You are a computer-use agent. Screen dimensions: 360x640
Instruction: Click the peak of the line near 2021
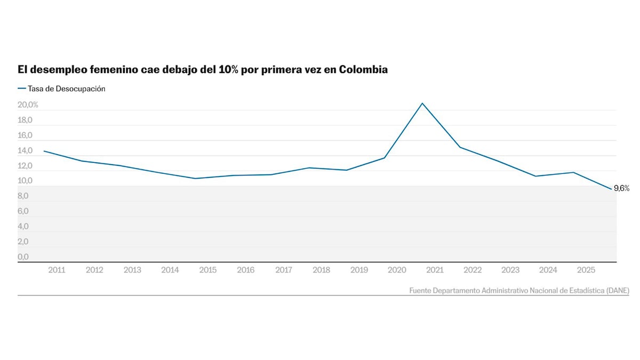tap(422, 103)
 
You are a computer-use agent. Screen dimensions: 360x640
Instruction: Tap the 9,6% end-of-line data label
tap(621, 188)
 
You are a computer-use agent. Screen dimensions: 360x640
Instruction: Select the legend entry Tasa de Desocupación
tap(67, 89)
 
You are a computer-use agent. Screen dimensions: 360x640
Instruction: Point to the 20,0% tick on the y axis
tap(28, 105)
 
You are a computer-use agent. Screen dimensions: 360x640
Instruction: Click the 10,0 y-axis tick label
tap(25, 181)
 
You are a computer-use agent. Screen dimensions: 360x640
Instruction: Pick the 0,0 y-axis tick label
tap(23, 257)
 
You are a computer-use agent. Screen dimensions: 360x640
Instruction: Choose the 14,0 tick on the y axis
tap(25, 151)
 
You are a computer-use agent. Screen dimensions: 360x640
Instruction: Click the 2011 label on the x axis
tap(57, 270)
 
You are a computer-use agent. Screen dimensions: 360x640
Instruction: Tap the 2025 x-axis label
tap(586, 270)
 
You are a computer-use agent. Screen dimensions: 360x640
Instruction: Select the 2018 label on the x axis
tap(321, 270)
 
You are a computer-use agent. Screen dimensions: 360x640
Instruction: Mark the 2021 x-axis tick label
tap(435, 270)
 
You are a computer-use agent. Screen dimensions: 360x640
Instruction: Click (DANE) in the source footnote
tap(618, 291)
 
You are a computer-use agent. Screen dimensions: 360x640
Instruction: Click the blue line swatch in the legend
tap(22, 89)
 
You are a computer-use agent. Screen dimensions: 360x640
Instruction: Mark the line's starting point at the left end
tap(44, 151)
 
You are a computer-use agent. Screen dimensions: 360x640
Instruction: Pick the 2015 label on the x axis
tap(207, 270)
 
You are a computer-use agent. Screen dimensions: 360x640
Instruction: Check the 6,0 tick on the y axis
tap(23, 212)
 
